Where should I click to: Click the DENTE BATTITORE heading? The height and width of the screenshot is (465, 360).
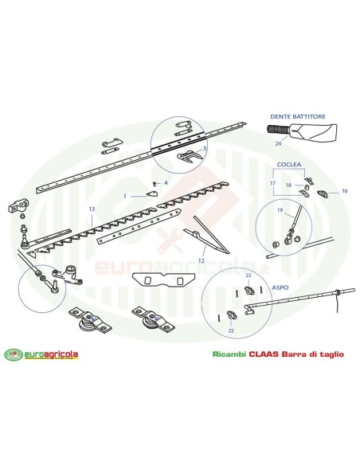(297, 116)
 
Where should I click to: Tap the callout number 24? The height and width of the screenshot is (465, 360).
(278, 144)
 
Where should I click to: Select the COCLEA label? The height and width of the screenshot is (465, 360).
(289, 164)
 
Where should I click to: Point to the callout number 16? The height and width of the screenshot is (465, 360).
(344, 191)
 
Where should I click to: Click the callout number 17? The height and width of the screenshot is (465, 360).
(273, 183)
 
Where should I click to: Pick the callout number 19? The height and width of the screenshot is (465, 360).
(280, 210)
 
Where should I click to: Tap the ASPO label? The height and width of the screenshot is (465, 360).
(280, 287)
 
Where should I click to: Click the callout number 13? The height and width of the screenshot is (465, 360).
(92, 209)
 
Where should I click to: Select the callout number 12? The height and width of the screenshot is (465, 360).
(202, 261)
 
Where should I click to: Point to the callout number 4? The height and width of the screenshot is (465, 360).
(166, 183)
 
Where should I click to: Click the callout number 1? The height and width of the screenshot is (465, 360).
(125, 197)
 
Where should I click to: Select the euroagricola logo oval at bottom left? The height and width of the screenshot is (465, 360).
(14, 354)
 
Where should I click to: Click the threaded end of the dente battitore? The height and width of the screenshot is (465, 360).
(279, 130)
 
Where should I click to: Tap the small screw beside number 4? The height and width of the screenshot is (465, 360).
(155, 184)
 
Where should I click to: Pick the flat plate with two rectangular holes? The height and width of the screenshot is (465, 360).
(162, 280)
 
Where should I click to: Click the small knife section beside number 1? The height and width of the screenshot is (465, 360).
(152, 194)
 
